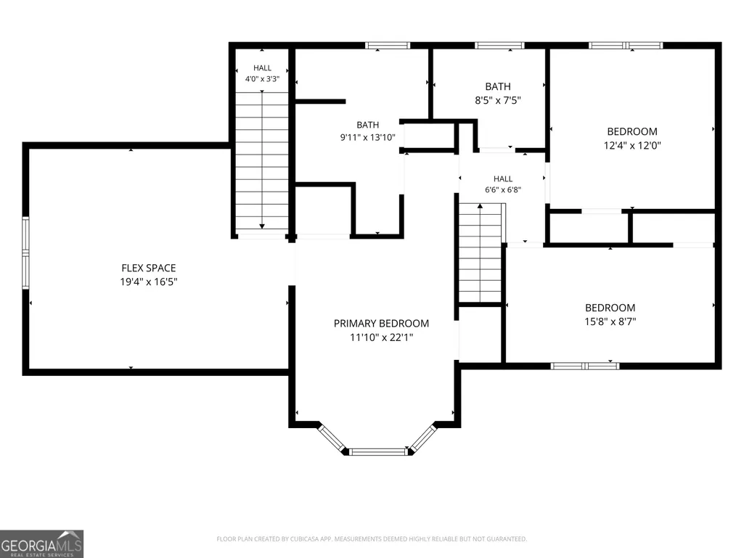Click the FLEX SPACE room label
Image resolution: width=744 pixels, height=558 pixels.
(149, 268)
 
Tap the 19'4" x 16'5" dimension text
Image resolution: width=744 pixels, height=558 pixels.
(149, 282)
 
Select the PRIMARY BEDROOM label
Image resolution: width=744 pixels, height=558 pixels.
(382, 324)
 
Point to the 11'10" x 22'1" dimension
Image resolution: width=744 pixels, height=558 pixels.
(382, 337)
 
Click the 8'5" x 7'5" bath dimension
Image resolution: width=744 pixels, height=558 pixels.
(498, 100)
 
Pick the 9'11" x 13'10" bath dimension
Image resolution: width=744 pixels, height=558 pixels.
(368, 138)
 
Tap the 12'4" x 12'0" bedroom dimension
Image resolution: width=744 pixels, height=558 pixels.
(632, 145)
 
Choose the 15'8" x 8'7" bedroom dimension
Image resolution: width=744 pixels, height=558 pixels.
(610, 321)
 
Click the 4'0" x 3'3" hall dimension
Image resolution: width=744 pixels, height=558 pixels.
(262, 79)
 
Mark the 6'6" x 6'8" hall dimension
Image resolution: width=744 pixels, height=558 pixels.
(503, 190)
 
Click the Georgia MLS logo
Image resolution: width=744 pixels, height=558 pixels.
(42, 543)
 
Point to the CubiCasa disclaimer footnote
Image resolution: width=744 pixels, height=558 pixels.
(372, 539)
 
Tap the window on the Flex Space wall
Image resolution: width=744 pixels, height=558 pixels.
(25, 253)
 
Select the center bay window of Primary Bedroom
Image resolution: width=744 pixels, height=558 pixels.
(378, 452)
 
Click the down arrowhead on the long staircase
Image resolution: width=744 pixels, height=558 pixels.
(262, 226)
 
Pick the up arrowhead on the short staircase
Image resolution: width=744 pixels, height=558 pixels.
(481, 206)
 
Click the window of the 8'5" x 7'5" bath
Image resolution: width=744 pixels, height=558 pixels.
(499, 46)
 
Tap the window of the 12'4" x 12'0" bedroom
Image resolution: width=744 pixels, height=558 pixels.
(626, 46)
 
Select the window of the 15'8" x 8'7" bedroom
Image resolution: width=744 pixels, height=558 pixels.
(585, 366)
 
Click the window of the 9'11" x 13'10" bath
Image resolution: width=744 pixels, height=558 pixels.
(388, 46)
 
